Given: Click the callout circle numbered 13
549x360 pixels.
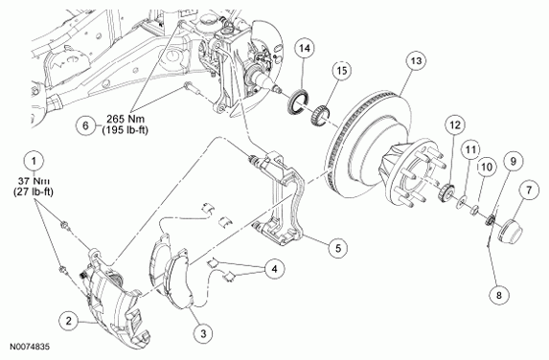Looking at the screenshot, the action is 417,61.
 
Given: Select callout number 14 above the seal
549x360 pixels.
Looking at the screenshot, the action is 305,48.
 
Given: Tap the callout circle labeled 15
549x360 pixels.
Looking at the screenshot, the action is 342,70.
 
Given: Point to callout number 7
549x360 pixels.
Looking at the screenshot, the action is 528,191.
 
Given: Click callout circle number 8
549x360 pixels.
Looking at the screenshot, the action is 499,295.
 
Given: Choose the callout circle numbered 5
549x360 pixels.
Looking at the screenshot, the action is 338,248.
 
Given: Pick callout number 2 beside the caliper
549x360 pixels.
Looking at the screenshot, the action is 69,321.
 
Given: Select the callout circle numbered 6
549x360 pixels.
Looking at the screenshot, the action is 86,125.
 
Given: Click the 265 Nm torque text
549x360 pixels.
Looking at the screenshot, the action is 126,120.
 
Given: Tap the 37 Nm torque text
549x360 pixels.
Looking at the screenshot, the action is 34,181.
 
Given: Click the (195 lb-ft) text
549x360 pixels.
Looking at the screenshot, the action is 125,130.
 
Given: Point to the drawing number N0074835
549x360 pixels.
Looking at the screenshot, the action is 30,347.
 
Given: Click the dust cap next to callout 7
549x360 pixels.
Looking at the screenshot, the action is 510,231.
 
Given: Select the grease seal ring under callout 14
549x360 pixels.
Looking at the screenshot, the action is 298,101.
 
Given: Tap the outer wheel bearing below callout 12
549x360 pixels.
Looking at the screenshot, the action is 446,192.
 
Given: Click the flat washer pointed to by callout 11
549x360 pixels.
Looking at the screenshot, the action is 461,202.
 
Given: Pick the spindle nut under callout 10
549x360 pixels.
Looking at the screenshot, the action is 473,211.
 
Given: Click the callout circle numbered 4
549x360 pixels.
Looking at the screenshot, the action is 274,269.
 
